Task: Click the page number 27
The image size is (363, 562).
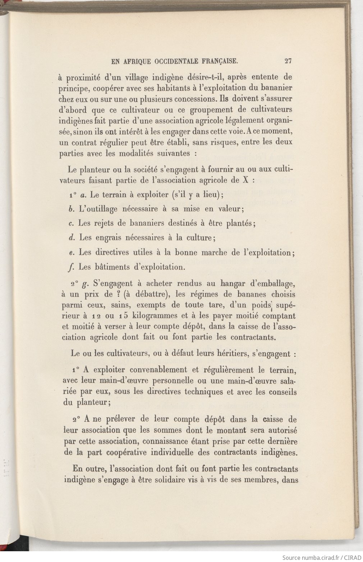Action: click(x=288, y=61)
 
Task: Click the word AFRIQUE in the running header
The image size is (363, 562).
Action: click(x=137, y=61)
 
